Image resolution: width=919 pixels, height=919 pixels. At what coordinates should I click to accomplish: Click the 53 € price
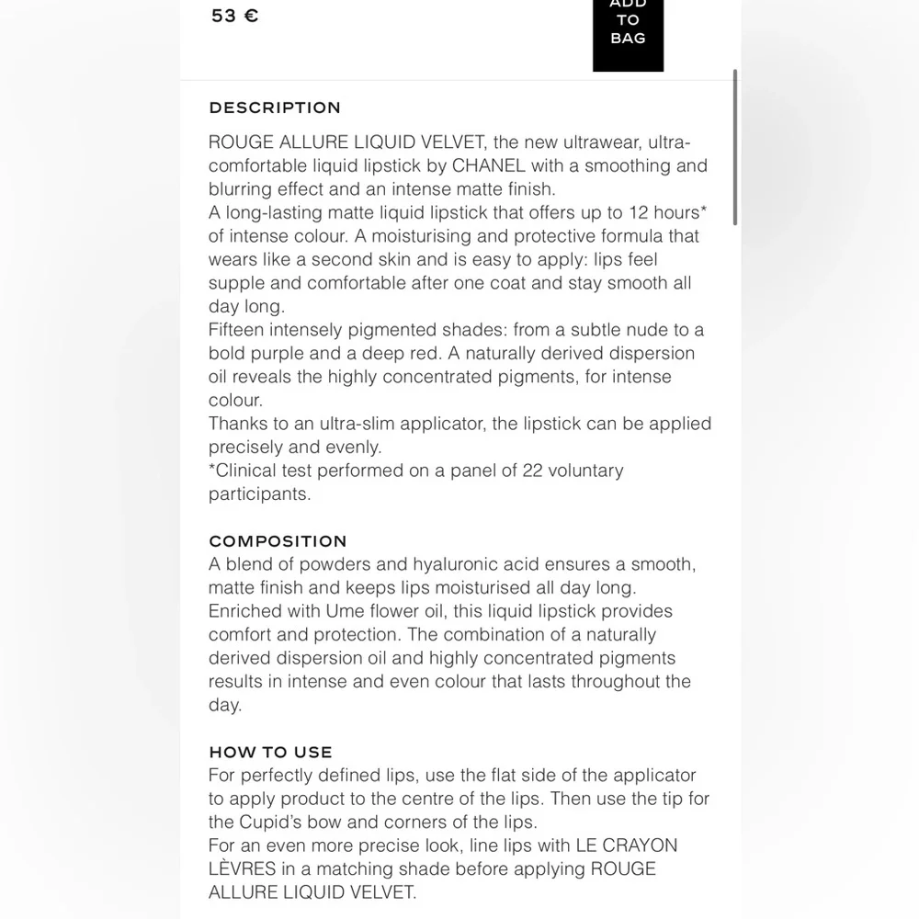coord(234,16)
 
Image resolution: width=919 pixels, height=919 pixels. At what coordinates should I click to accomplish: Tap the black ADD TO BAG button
coord(628,28)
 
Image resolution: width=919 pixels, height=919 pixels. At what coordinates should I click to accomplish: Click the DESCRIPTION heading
coord(275,108)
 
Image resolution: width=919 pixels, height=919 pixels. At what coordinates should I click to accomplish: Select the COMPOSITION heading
coord(278,541)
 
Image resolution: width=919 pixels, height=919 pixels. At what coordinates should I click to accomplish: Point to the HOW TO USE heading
coord(270,752)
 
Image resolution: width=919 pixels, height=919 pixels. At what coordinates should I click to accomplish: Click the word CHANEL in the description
coord(489,166)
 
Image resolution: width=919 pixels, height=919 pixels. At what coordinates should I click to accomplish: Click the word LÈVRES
coord(244,868)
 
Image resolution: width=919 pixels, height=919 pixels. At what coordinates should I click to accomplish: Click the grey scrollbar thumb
coord(735,147)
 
